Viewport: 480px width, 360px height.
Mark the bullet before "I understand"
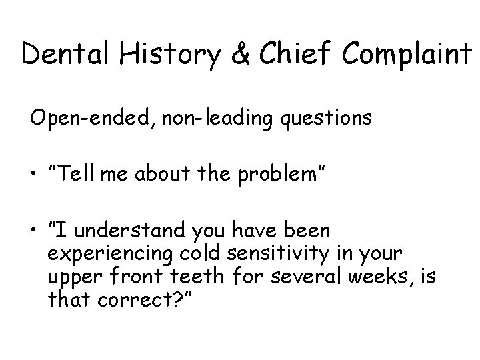click(33, 231)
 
